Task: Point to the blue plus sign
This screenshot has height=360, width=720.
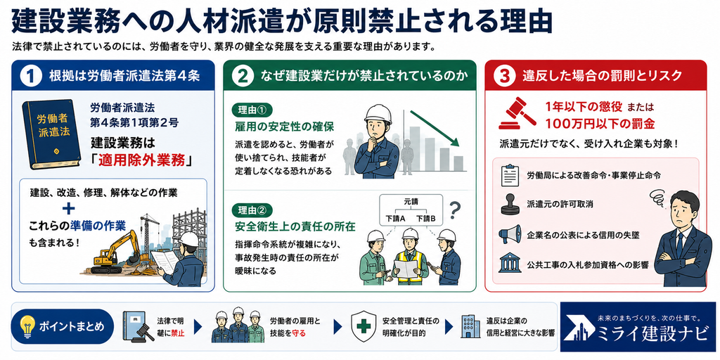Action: pyautogui.click(x=69, y=210)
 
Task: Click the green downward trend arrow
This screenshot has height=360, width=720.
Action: pyautogui.click(x=435, y=129)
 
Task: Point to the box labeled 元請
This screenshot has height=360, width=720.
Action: pyautogui.click(x=411, y=201)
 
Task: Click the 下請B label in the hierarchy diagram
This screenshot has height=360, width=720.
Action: pyautogui.click(x=425, y=219)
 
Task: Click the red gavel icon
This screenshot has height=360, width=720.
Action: pyautogui.click(x=517, y=114)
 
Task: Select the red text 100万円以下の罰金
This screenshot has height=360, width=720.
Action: pyautogui.click(x=600, y=124)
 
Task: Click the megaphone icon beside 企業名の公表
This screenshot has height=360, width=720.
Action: pyautogui.click(x=510, y=234)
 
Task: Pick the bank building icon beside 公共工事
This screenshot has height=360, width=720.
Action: pyautogui.click(x=509, y=264)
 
